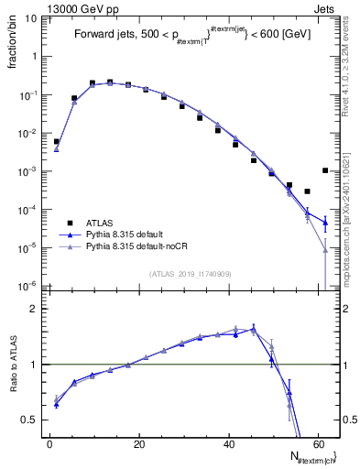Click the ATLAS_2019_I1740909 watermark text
(191, 273)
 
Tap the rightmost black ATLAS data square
(326, 170)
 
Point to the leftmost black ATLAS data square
(57, 142)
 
